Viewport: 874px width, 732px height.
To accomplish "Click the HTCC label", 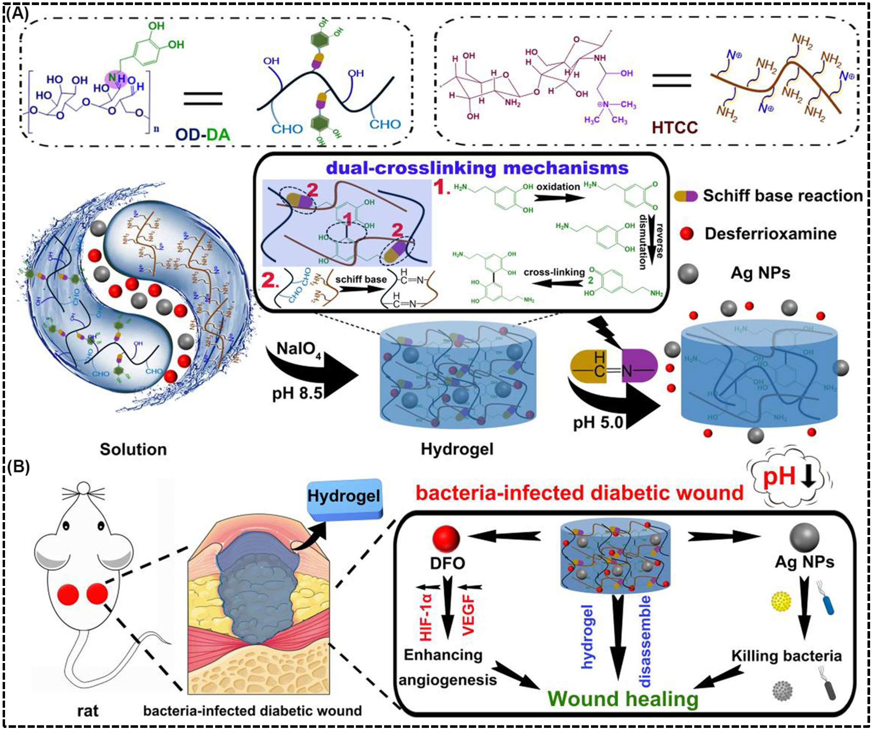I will [674, 127].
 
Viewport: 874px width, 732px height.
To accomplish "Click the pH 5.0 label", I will [598, 422].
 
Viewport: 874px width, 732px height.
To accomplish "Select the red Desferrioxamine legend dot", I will [686, 234].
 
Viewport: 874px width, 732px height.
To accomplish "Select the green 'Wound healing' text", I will [623, 699].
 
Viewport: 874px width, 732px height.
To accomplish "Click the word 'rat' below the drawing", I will [88, 710].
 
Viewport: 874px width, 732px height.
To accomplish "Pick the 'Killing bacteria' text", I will [787, 656].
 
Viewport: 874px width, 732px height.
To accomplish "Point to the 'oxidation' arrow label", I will [558, 187].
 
